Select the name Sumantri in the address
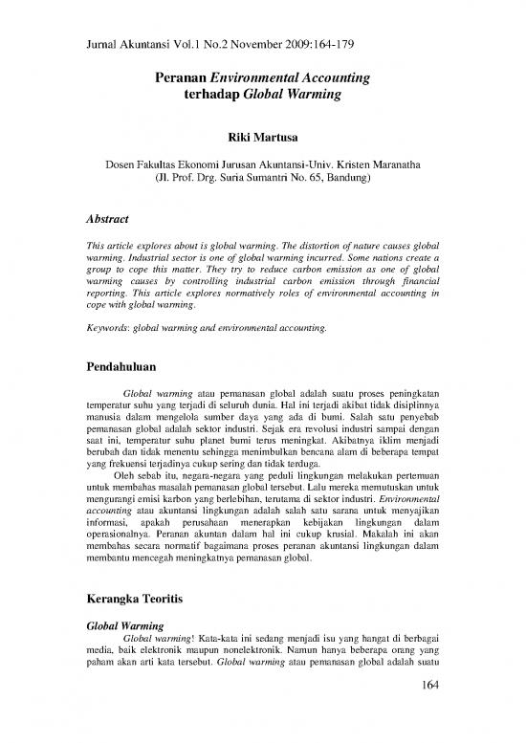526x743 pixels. click(256, 178)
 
